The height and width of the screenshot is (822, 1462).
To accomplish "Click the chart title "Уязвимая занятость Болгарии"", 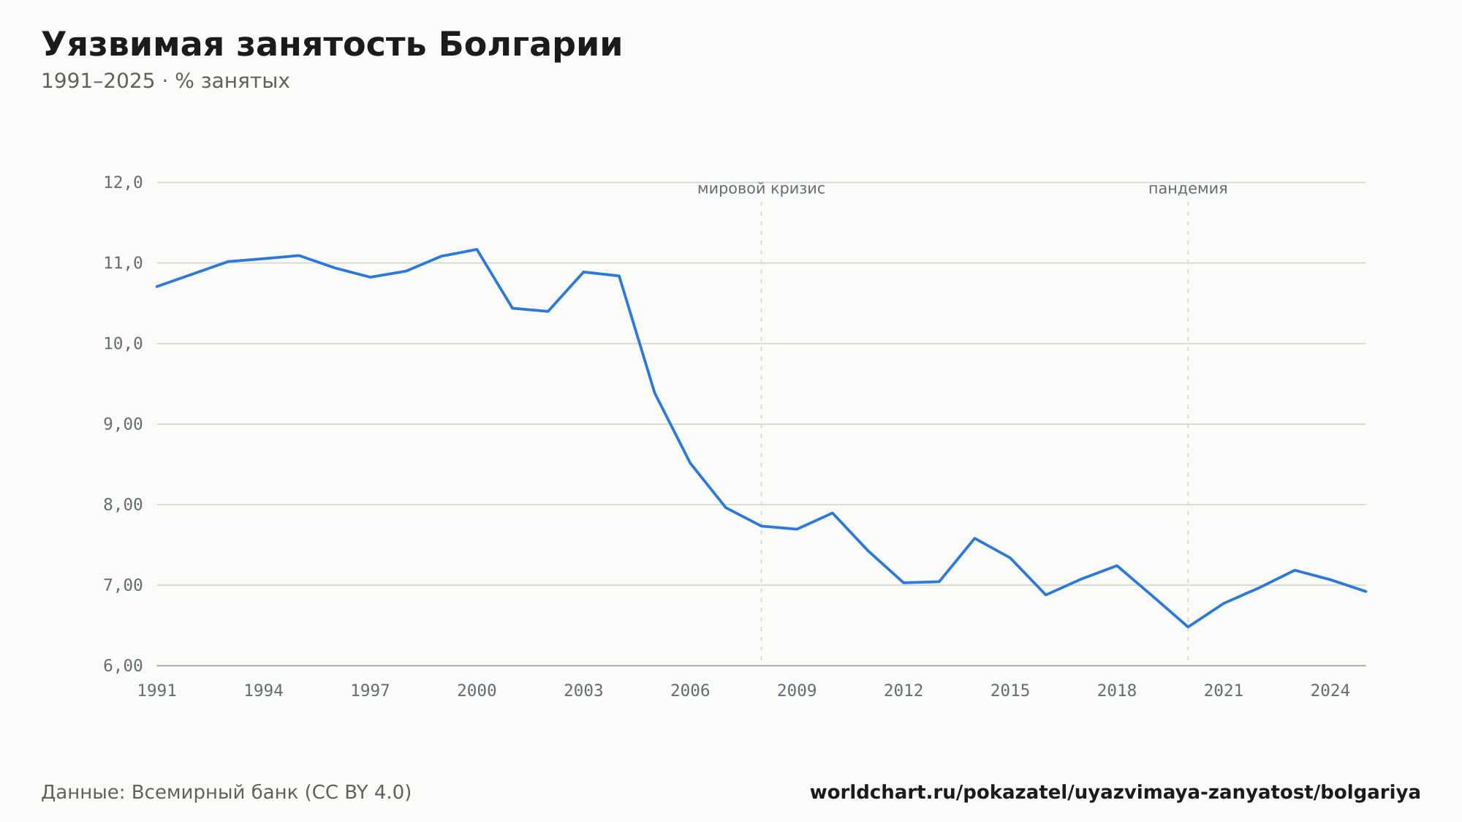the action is point(332,45).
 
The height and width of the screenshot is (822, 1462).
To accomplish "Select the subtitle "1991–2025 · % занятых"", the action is point(165,81).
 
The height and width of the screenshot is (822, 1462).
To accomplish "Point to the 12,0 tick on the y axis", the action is point(123,183).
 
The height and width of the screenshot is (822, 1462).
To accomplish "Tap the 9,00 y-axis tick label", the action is point(123,424).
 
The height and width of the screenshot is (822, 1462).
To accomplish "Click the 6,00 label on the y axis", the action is point(123,665).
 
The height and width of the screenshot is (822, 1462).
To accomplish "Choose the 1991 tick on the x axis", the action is point(157,691).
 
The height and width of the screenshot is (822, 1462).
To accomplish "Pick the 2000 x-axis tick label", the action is point(477,691).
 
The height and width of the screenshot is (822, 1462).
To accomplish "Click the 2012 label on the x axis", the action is point(904,691).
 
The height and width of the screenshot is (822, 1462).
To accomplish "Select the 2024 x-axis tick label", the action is point(1330,691).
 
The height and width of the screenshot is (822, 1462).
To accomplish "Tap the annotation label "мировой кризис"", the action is point(761,189).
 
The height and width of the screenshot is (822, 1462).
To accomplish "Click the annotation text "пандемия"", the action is point(1188,189).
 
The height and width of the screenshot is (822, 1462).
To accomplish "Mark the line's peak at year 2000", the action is point(477,249).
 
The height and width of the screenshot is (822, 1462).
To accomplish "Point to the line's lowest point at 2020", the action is point(1188,627).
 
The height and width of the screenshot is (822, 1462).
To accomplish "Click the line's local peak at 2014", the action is point(974,538).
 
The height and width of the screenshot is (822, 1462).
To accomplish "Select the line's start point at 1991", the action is point(157,287).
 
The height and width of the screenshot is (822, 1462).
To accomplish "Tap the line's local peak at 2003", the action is point(583,272).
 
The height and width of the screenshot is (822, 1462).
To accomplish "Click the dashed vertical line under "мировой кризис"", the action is point(761,431).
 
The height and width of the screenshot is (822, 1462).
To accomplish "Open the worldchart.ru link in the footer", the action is point(1115,793).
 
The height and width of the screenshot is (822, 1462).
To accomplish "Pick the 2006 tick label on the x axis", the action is point(690,691).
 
